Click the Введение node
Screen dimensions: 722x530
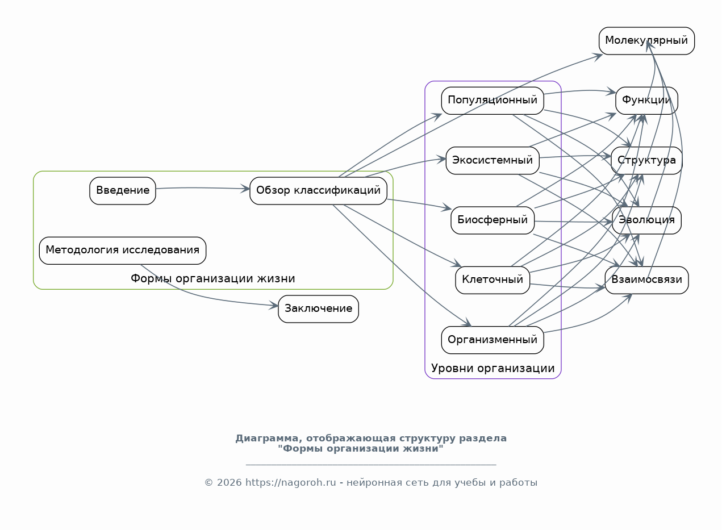[123, 190]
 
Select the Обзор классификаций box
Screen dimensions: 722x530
[318, 190]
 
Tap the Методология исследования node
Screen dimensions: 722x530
[123, 251]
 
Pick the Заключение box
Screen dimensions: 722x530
[318, 309]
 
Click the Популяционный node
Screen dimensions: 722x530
[493, 101]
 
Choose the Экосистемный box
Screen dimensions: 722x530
[493, 161]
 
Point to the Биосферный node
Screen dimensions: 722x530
[493, 220]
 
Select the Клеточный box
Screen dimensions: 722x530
[493, 280]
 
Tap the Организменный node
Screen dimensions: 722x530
[493, 340]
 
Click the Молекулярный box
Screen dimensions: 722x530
[646, 41]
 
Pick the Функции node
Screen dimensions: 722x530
[646, 101]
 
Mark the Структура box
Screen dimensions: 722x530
[646, 161]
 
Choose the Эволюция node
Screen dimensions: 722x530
[646, 220]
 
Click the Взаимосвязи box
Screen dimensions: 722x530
[646, 280]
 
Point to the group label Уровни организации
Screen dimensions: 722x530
[493, 368]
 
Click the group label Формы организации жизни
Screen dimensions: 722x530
[212, 278]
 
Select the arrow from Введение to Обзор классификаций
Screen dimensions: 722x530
[202, 187]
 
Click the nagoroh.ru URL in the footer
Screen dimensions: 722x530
[291, 483]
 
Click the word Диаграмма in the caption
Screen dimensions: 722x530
[269, 439]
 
